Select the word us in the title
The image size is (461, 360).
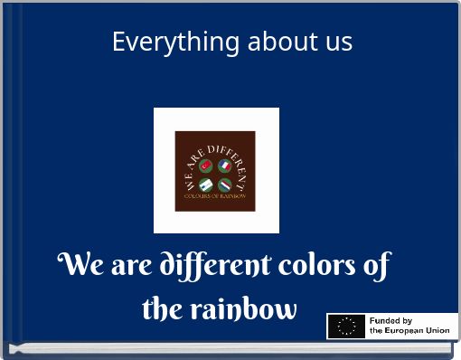(x=335, y=42)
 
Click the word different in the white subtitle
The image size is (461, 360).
(x=215, y=266)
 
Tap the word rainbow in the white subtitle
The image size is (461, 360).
(x=243, y=308)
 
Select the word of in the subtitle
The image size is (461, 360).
(x=376, y=266)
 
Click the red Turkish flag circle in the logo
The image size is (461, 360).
(x=206, y=166)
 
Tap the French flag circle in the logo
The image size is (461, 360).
(x=224, y=166)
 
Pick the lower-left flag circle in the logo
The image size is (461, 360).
(x=206, y=185)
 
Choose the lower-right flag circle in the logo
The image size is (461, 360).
(x=224, y=185)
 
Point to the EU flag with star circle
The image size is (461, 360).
(x=346, y=327)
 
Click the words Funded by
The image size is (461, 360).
(x=390, y=321)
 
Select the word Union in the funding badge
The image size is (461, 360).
(x=437, y=331)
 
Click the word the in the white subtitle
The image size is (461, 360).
(x=162, y=308)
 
